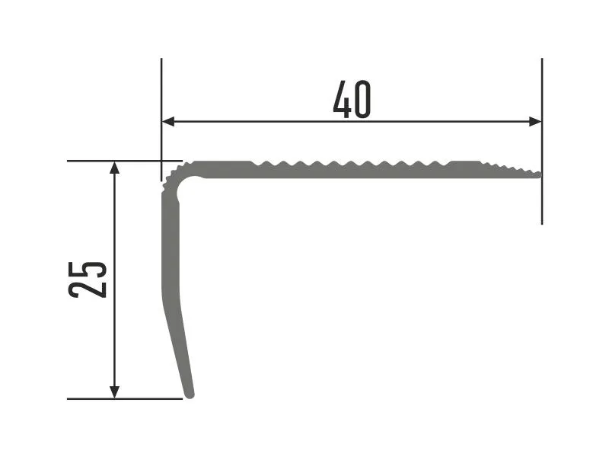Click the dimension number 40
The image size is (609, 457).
(x=352, y=100)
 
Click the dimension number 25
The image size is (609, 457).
(x=87, y=280)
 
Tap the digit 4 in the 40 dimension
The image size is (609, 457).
(x=342, y=100)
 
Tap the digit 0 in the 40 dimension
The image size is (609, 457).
(x=363, y=100)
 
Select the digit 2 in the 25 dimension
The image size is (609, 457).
(x=87, y=289)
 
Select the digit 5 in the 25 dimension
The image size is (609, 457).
(x=87, y=270)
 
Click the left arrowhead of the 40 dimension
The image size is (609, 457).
(x=167, y=122)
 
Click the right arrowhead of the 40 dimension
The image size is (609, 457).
(x=535, y=122)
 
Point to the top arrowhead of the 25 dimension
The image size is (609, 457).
(x=114, y=168)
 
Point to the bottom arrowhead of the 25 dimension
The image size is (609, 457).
(x=114, y=392)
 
